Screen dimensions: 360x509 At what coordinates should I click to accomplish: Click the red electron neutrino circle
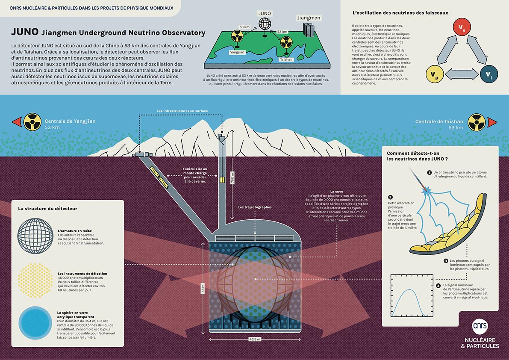[x=462, y=29]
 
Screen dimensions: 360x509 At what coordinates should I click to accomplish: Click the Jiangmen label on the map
[x=309, y=18]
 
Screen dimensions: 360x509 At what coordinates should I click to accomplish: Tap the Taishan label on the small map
[x=286, y=60]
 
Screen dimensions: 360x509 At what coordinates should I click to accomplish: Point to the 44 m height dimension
[x=203, y=288]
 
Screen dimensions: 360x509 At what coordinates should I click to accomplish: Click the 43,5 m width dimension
[x=255, y=339]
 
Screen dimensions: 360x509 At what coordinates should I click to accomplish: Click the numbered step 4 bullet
[x=438, y=286]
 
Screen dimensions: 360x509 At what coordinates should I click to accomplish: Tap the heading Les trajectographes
[x=255, y=207]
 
